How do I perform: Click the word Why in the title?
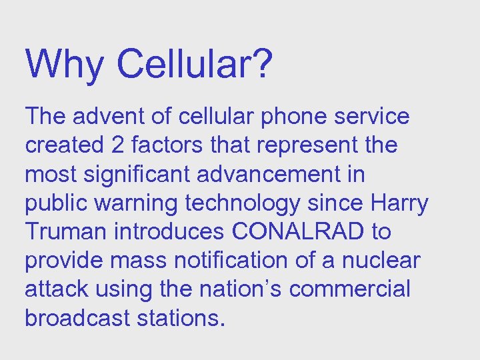coord(64,64)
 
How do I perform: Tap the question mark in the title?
coord(261,64)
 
